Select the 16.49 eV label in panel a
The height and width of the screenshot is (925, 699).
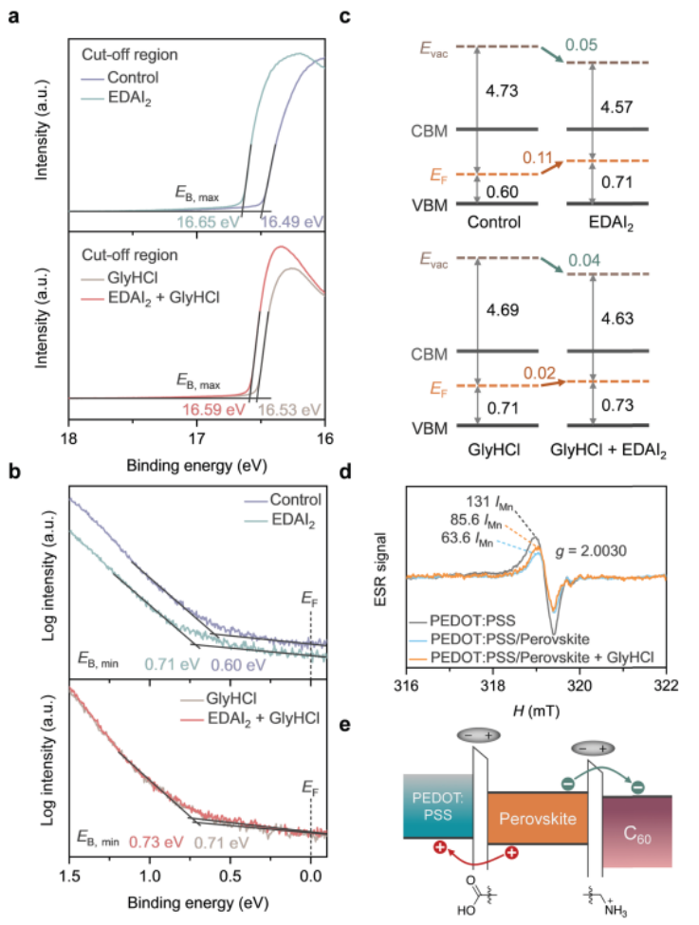click(x=293, y=220)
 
